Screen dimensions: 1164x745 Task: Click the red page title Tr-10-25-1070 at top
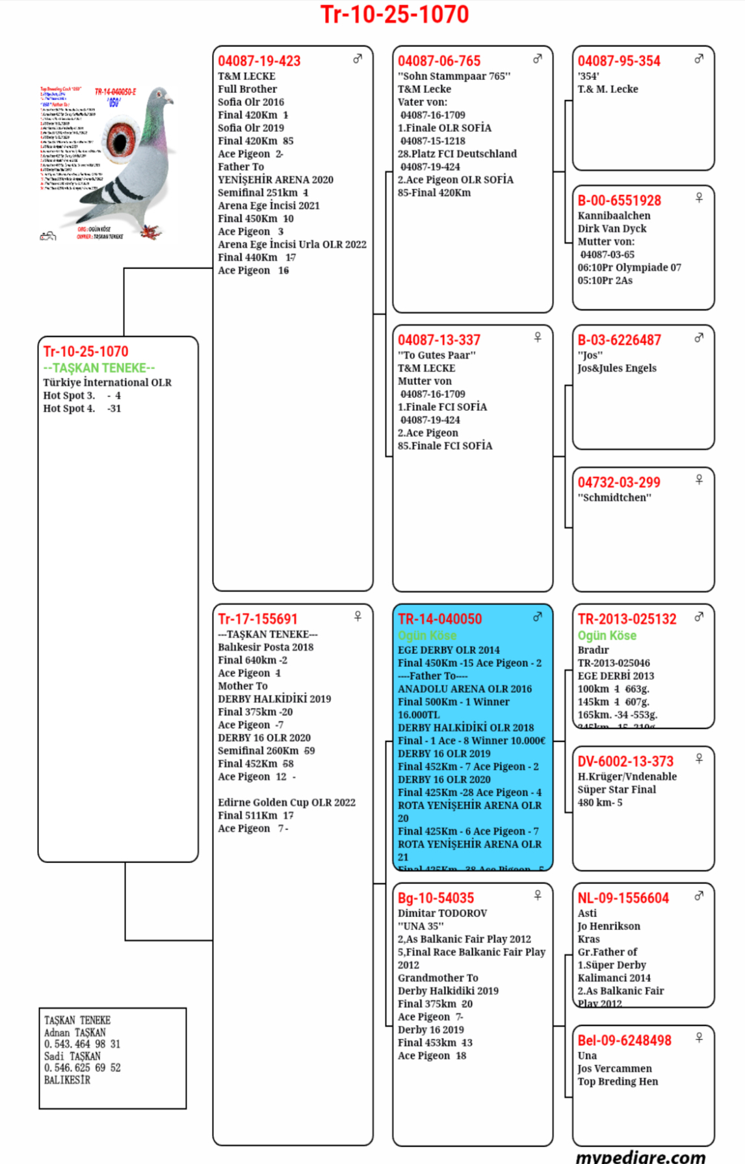point(395,14)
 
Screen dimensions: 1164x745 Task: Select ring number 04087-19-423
point(259,61)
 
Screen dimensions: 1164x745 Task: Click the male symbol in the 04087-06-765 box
point(538,59)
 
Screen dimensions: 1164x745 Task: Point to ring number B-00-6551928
point(620,201)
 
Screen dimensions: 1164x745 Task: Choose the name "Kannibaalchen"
point(614,216)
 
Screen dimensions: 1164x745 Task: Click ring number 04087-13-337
point(439,340)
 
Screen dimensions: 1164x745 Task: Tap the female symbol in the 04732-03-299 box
point(699,480)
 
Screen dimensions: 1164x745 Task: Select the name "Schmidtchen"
point(614,498)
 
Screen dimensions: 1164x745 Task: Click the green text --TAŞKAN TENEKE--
point(99,368)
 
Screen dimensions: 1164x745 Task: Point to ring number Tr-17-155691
point(257,619)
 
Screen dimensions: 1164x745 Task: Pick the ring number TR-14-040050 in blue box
point(440,619)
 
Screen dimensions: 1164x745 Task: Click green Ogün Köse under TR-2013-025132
point(607,636)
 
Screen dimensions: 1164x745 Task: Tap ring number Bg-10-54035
point(436,898)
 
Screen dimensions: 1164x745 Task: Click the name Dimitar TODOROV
point(442,913)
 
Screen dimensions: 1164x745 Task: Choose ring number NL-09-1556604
point(623,898)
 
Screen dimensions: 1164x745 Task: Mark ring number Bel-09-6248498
point(624,1041)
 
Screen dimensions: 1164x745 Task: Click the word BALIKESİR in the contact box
point(67,1080)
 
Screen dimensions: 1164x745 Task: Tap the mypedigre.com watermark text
point(640,1156)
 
